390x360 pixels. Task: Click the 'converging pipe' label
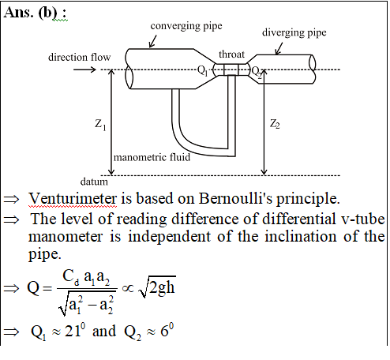[x=186, y=26]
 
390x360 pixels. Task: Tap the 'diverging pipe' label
[x=294, y=33]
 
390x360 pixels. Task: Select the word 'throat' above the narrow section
[x=231, y=54]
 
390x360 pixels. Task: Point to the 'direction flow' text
[x=79, y=57]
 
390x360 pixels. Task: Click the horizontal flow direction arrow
[x=84, y=69]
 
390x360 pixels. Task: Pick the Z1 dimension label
[x=100, y=124]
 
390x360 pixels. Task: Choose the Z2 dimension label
[x=275, y=124]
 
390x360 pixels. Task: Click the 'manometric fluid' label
[x=152, y=157]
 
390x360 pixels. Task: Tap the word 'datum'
[x=94, y=182]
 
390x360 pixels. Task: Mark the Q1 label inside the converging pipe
[x=203, y=70]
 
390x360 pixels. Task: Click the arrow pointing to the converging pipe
[x=152, y=42]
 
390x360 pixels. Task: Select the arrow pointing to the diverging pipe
[x=279, y=49]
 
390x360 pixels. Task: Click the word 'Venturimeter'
[x=73, y=199]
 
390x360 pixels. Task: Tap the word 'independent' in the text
[x=169, y=236]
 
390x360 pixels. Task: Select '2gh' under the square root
[x=162, y=288]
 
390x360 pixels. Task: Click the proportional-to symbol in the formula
[x=128, y=288]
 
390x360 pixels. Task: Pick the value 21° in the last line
[x=75, y=331]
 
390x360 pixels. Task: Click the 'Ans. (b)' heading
[x=35, y=12]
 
